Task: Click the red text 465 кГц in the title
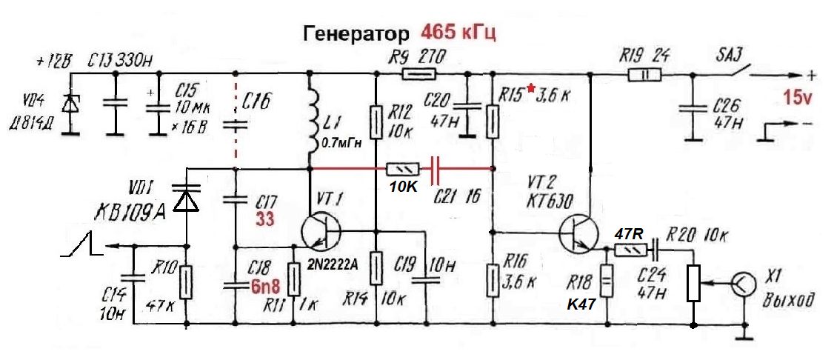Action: tap(457, 33)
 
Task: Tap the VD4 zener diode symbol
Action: tap(70, 106)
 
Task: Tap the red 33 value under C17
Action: tap(265, 220)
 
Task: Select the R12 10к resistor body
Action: tap(376, 122)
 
